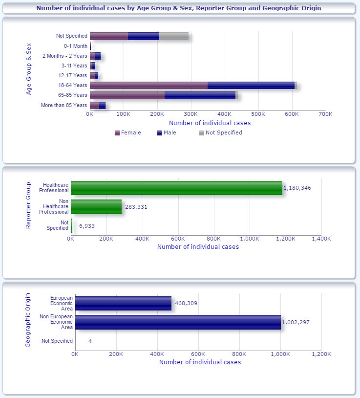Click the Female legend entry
127,133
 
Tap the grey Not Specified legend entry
220,133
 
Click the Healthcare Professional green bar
176,188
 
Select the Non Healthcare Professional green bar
96,207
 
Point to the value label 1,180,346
297,188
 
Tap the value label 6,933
87,226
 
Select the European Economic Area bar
123,303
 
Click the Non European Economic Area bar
178,322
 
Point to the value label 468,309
186,303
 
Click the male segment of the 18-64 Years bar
251,85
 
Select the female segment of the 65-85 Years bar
127,95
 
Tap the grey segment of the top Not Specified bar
173,36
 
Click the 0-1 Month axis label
75,46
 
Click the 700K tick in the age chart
325,114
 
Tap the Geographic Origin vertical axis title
28,320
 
